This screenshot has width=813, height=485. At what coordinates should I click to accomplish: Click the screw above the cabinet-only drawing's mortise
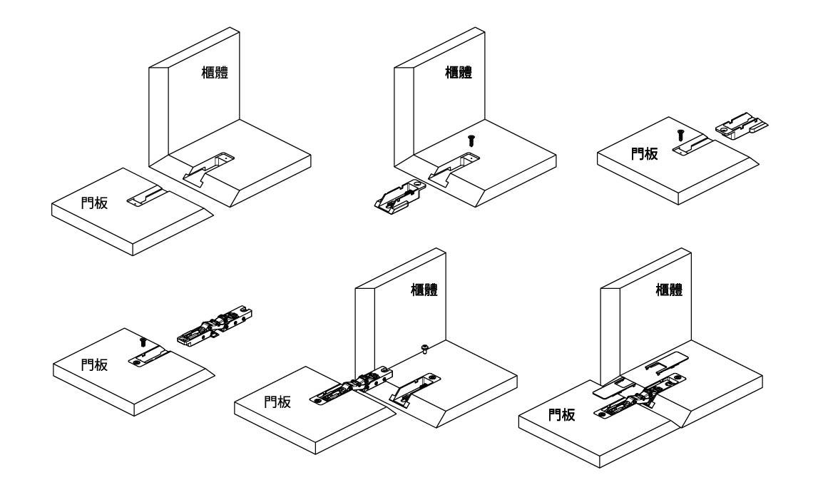click(x=471, y=140)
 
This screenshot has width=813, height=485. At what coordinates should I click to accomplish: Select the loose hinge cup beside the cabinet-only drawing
click(x=400, y=197)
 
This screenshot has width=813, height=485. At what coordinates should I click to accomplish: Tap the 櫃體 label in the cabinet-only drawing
click(x=459, y=72)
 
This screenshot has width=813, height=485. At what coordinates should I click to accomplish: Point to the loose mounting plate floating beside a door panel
click(x=742, y=127)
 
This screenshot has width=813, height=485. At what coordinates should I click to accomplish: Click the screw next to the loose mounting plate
click(x=681, y=135)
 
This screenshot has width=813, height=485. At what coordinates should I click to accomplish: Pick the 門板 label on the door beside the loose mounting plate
click(x=644, y=153)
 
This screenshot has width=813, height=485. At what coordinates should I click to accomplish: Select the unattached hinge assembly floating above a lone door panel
click(x=215, y=326)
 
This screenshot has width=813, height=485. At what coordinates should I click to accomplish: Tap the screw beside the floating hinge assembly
click(x=143, y=342)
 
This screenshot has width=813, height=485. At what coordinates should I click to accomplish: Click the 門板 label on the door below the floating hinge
click(x=94, y=364)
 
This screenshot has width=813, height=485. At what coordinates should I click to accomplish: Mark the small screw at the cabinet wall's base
click(x=425, y=349)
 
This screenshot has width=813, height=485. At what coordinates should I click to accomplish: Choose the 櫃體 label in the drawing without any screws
click(x=215, y=72)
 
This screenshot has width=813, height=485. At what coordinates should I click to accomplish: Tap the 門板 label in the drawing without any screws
click(x=94, y=203)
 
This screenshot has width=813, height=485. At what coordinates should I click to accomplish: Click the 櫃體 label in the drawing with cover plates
click(x=670, y=290)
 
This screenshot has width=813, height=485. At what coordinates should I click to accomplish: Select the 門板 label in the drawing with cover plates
click(x=562, y=414)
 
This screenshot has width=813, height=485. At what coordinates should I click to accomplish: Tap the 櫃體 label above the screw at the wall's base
click(x=424, y=290)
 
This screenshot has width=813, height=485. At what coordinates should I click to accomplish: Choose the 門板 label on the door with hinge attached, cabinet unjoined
click(x=277, y=402)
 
